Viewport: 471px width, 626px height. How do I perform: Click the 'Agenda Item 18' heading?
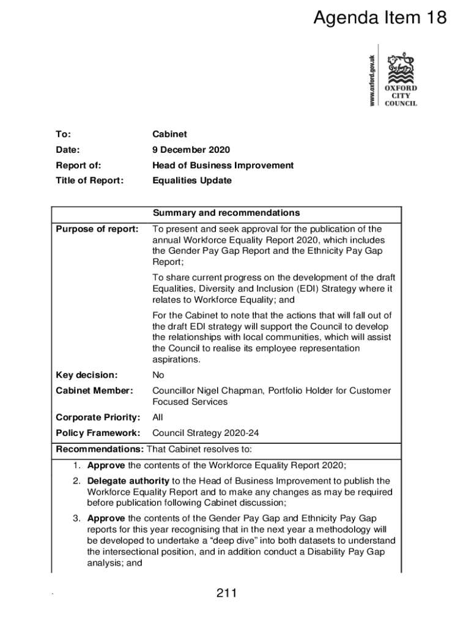pyautogui.click(x=380, y=19)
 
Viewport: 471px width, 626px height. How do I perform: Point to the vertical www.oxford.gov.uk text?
pyautogui.click(x=372, y=80)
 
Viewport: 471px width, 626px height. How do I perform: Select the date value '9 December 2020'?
pyautogui.click(x=191, y=150)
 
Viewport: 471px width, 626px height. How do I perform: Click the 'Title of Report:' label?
pyautogui.click(x=89, y=180)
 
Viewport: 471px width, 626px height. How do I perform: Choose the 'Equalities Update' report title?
pyautogui.click(x=192, y=180)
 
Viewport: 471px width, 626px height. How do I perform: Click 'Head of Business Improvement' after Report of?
pyautogui.click(x=223, y=165)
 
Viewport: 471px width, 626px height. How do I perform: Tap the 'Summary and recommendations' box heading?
pyautogui.click(x=226, y=213)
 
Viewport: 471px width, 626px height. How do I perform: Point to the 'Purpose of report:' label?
pyautogui.click(x=97, y=229)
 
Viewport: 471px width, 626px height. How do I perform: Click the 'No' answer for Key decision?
pyautogui.click(x=158, y=375)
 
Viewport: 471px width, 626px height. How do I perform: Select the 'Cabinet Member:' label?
pyautogui.click(x=94, y=391)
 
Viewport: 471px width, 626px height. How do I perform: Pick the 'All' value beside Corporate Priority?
pyautogui.click(x=158, y=418)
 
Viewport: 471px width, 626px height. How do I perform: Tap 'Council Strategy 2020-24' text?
pyautogui.click(x=206, y=433)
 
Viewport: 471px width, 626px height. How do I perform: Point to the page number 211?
pyautogui.click(x=226, y=593)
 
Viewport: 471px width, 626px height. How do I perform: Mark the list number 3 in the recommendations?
pyautogui.click(x=76, y=518)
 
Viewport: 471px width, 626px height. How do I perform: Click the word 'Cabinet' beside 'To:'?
pyautogui.click(x=169, y=134)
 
